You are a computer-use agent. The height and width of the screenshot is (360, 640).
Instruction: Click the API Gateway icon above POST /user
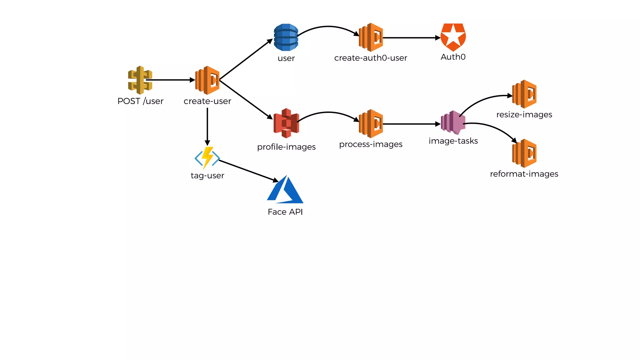point(140,80)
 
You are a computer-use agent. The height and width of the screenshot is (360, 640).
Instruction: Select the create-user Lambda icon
point(207,80)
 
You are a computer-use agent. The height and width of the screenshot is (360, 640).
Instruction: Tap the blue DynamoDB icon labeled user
point(286,37)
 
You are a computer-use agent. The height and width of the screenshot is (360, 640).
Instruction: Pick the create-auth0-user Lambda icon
point(371,37)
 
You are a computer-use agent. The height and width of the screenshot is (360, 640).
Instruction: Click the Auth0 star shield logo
point(453,37)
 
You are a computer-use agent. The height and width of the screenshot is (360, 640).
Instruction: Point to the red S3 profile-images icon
point(286,123)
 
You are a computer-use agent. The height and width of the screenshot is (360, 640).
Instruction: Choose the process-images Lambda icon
point(371,123)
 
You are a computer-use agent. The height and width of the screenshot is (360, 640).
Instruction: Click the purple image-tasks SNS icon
point(453,122)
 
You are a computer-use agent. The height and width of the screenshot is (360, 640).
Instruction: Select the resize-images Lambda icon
point(524,94)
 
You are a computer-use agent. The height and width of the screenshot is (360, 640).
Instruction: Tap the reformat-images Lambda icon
point(524,153)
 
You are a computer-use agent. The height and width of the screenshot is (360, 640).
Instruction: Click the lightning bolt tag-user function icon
point(207,158)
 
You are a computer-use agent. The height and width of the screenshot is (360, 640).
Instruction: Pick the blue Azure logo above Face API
point(285,190)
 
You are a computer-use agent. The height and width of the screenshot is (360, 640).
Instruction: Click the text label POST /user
point(140,101)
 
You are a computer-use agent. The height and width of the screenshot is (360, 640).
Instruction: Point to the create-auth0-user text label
point(371,58)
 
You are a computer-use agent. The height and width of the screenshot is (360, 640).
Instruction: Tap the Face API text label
point(285,212)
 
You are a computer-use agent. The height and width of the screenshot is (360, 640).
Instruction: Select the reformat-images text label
point(524,174)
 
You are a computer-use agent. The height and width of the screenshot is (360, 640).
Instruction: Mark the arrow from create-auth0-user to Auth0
point(411,38)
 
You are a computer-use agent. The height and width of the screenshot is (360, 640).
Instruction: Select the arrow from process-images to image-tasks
point(411,124)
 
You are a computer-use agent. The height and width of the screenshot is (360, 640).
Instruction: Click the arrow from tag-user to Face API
point(248,171)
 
